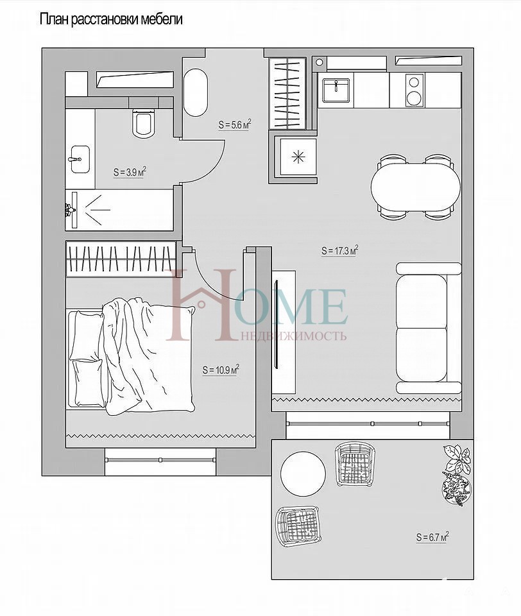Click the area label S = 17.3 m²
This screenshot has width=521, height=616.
(x=339, y=250)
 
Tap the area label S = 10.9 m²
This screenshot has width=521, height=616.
(x=221, y=370)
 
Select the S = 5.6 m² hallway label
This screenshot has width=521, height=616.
(x=234, y=124)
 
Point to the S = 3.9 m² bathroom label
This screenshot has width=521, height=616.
(x=130, y=172)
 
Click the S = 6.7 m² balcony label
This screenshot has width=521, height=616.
(x=432, y=536)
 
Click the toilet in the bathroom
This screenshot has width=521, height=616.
(x=142, y=123)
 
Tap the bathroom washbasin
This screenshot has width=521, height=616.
(x=80, y=158)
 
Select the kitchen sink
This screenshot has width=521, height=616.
(x=336, y=90)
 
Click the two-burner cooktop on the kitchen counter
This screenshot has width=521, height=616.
(x=413, y=90)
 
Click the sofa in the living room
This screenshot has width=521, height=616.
(x=428, y=328)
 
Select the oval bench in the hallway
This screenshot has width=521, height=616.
(x=196, y=92)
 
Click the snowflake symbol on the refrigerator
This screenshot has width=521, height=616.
(x=298, y=157)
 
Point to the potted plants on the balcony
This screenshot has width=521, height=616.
(x=456, y=474)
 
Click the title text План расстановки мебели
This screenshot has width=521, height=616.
(x=111, y=19)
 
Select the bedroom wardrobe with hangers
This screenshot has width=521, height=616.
(x=121, y=258)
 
